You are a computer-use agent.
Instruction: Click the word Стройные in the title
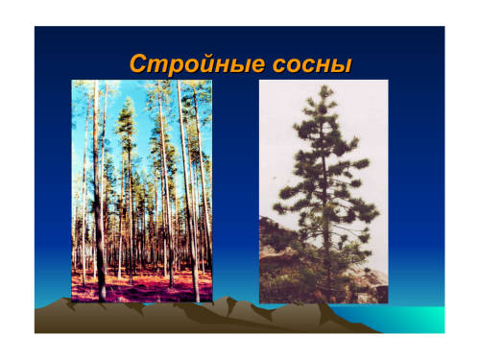coord(198,64)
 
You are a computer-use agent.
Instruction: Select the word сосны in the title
coord(312,65)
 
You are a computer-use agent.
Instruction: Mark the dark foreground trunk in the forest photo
coord(99,192)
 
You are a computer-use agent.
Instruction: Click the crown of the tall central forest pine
coord(127,122)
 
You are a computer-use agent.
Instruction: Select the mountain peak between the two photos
coord(228,299)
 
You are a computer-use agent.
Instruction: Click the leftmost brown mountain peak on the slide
coord(65,300)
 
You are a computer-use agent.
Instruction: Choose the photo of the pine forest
coord(142,191)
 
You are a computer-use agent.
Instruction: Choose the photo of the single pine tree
coord(324,191)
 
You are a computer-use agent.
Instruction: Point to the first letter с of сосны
coord(280,65)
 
